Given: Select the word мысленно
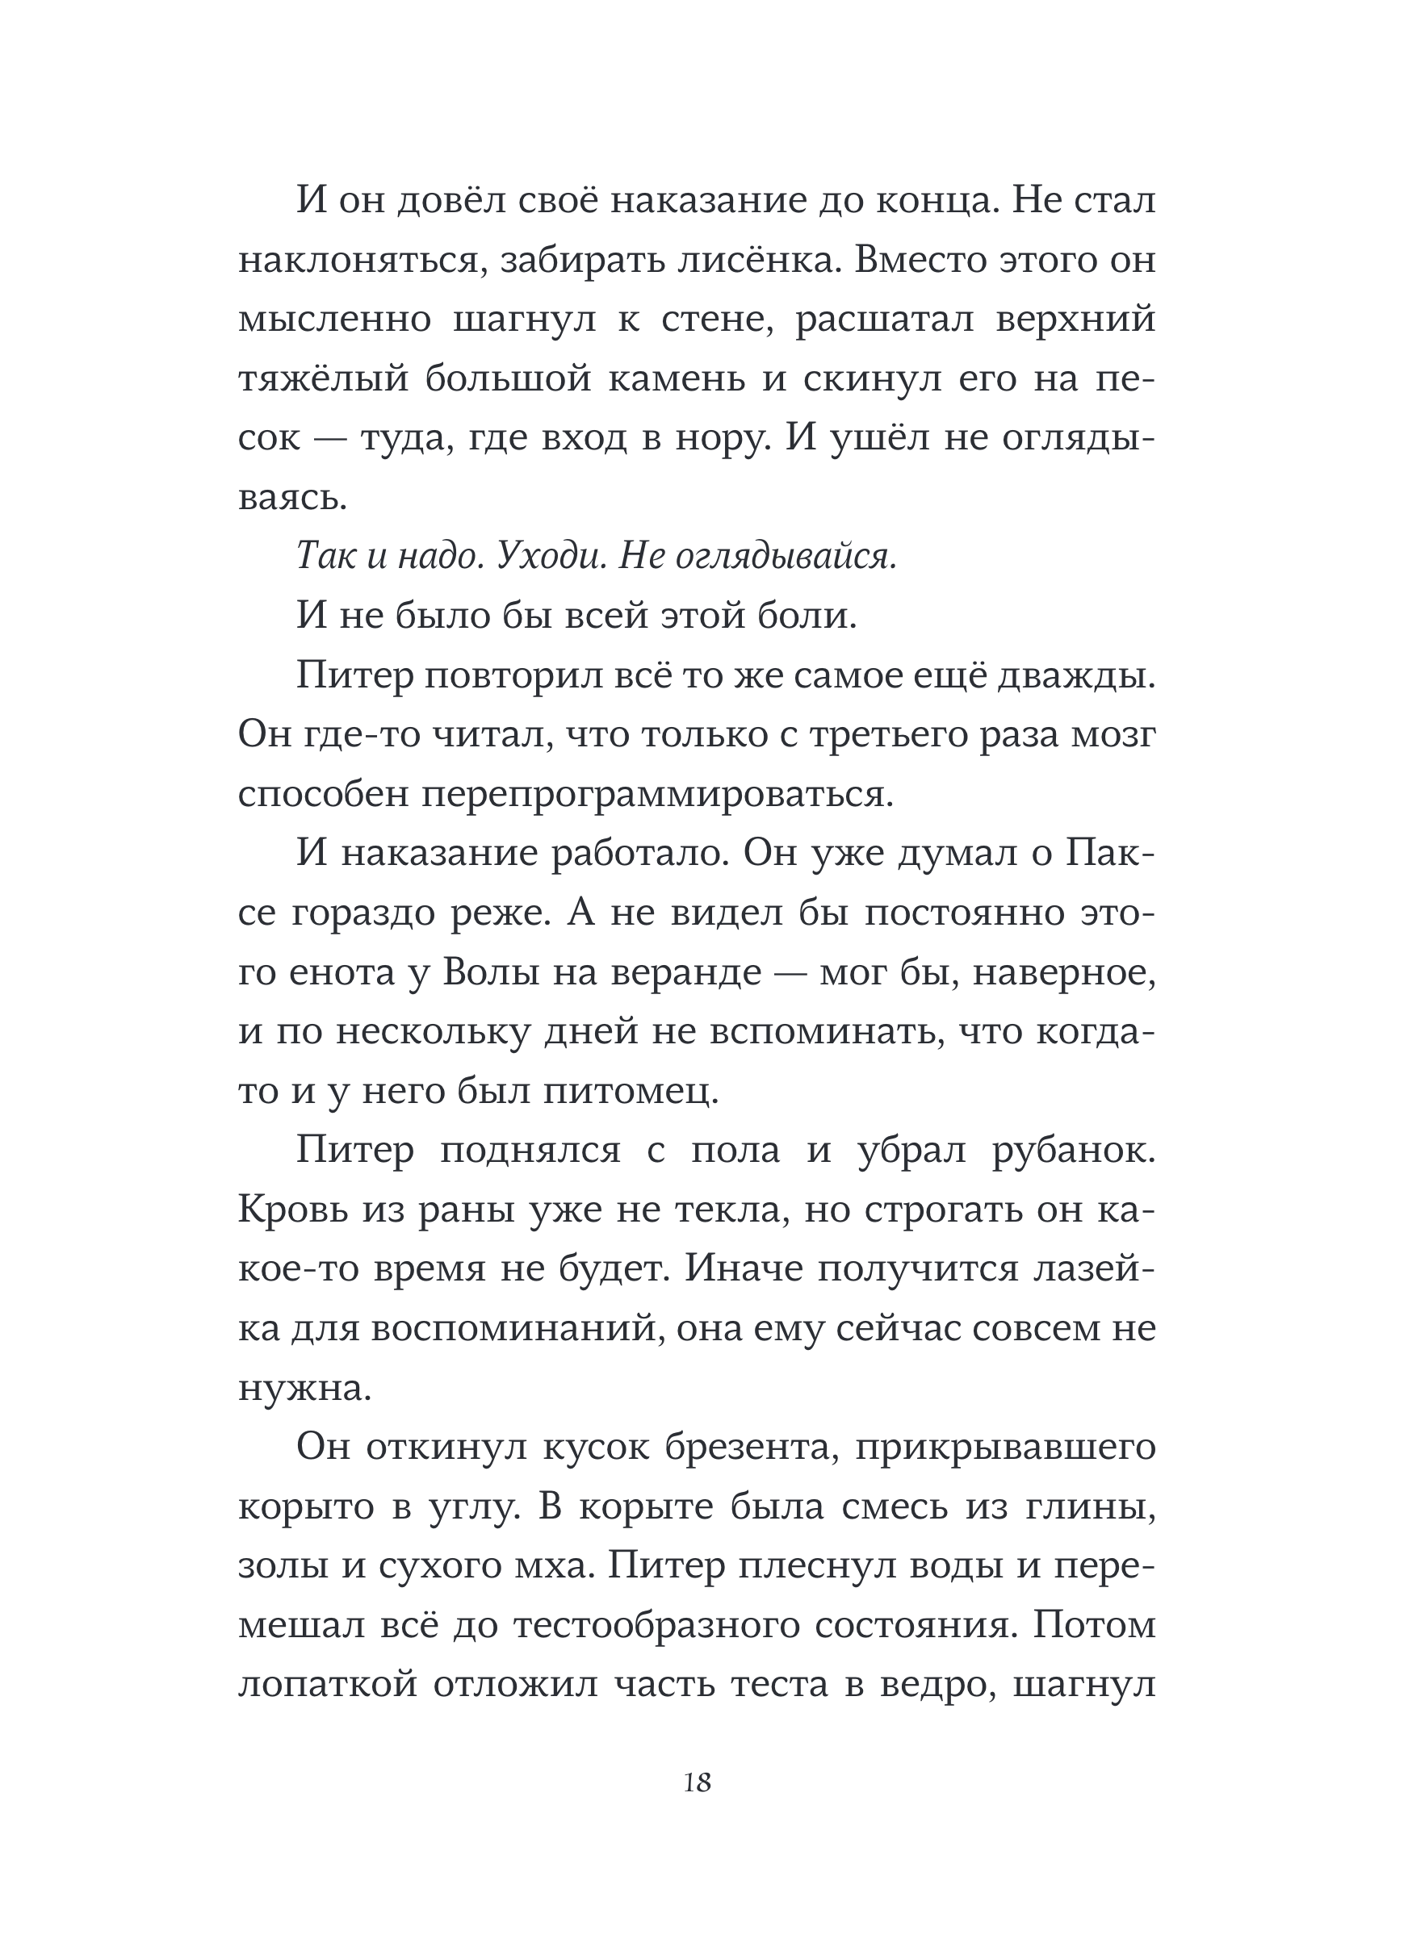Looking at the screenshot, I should (333, 320).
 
